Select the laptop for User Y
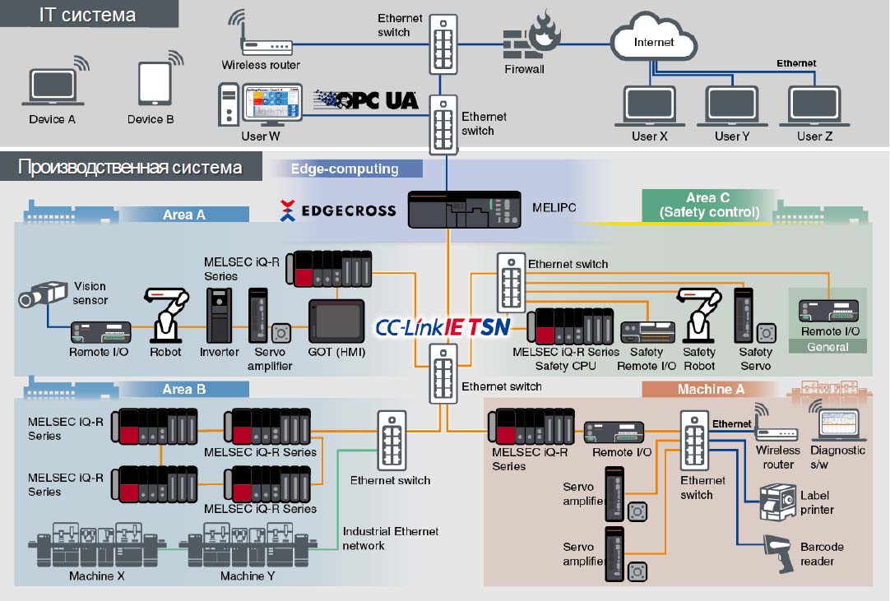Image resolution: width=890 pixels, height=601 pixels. (x=731, y=106)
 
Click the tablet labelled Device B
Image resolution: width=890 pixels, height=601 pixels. (x=155, y=83)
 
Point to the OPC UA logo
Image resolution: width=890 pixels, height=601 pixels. (x=366, y=100)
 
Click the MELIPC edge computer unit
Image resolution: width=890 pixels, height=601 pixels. (x=464, y=210)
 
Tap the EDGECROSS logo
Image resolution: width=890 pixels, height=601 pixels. (x=338, y=210)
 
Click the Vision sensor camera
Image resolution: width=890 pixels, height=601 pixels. (x=43, y=294)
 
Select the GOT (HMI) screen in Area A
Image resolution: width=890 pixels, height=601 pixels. (x=336, y=321)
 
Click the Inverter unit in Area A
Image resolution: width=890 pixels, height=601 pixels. (x=219, y=316)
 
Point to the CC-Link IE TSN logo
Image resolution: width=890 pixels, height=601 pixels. (x=443, y=327)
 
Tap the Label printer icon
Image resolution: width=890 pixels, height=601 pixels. (x=777, y=502)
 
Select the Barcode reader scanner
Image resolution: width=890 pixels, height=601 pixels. (x=779, y=553)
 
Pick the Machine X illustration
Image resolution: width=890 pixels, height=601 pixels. (x=96, y=545)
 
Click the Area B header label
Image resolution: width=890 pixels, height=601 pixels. (x=184, y=390)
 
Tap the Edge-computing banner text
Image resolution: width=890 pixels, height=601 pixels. (x=345, y=169)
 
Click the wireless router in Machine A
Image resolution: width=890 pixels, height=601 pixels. (x=776, y=428)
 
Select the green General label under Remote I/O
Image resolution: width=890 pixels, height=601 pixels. (x=827, y=347)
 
